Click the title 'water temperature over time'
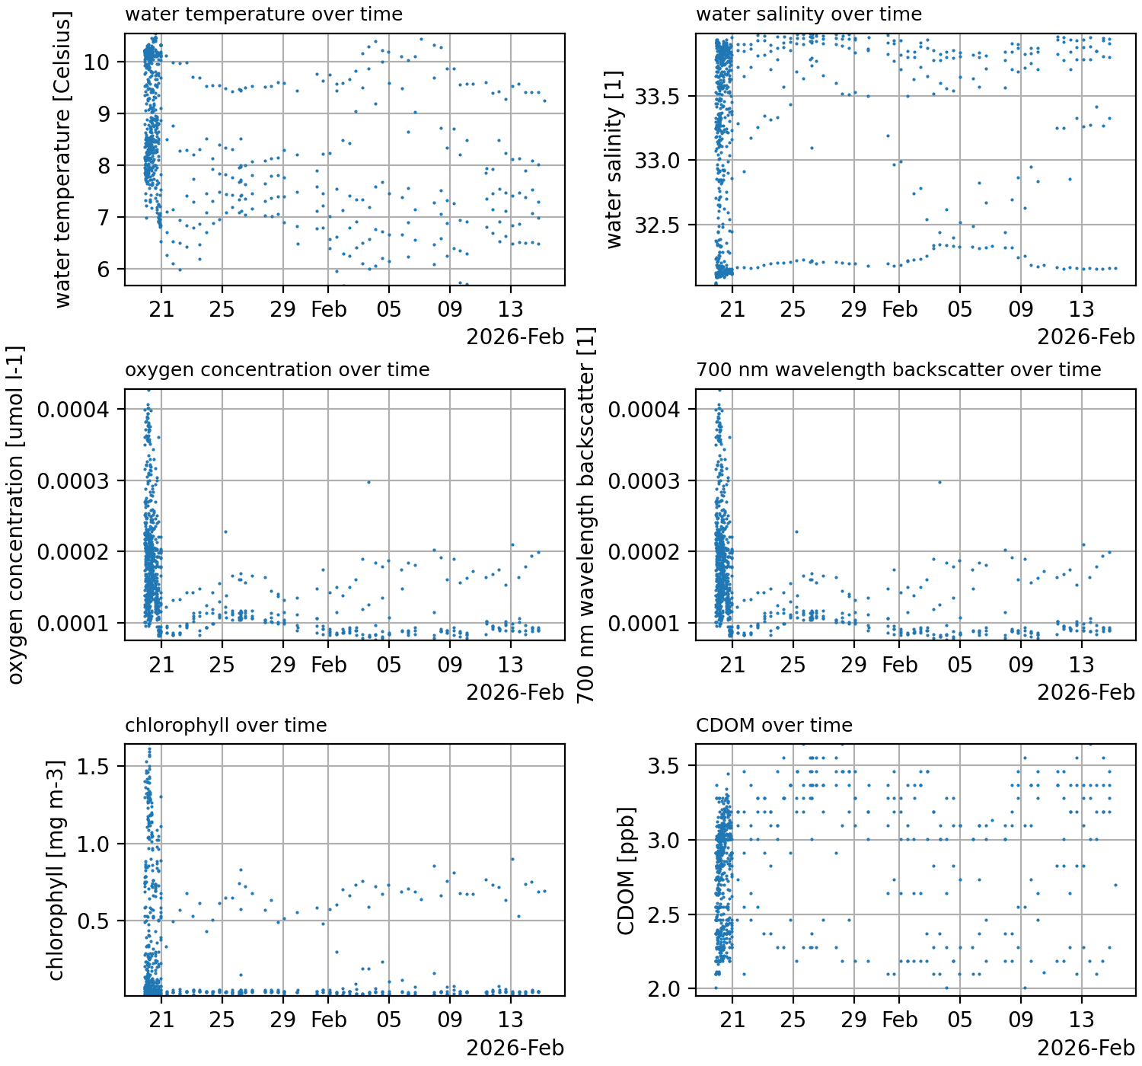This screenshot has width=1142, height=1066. coord(263,14)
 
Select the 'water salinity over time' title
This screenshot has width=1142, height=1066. coord(809,14)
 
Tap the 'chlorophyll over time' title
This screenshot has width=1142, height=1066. coord(225,726)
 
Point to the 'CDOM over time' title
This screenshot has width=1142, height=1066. coord(774,726)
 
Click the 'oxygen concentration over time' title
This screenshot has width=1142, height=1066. coord(277,370)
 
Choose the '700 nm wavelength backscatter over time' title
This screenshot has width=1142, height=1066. coord(898,370)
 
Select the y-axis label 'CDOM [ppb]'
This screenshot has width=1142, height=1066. coord(626,870)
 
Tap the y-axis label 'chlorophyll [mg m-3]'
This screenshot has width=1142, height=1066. coord(56,870)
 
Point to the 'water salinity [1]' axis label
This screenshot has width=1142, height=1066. coord(614,160)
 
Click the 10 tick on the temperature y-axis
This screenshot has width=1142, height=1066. coord(101,62)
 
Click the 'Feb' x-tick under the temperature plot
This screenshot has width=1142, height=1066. coord(328,309)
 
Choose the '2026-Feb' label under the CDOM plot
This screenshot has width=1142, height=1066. coord(1086,1048)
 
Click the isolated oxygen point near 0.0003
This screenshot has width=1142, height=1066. coord(368,482)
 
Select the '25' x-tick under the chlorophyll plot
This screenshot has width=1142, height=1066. coord(222,1020)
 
